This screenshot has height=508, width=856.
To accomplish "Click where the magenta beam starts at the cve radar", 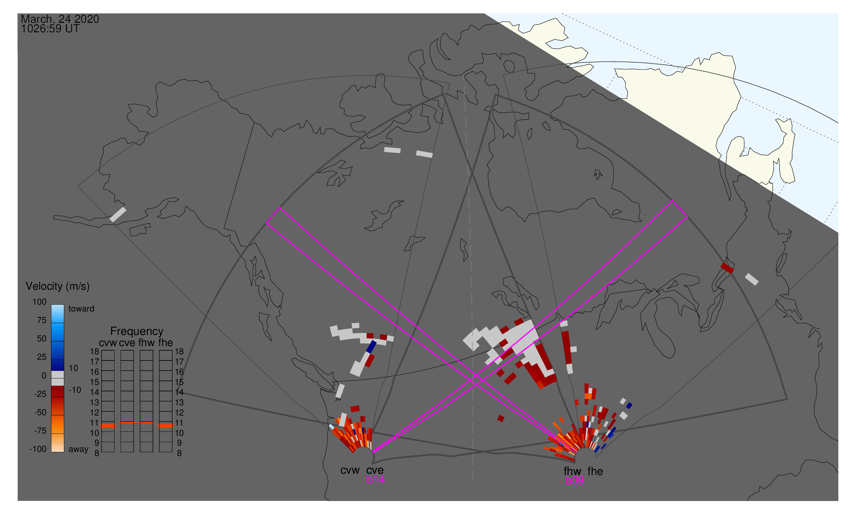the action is point(373,453).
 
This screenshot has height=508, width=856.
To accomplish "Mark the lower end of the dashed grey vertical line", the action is point(473,480).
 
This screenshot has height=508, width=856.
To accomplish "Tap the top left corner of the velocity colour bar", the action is point(51,305).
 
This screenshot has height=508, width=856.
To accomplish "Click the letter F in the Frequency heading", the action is point(113,332).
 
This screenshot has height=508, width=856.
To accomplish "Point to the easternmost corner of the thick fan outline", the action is point(787,399).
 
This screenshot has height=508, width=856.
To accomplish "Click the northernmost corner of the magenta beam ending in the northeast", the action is point(672,201).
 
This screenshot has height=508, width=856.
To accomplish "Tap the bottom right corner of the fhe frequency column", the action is point(172,452).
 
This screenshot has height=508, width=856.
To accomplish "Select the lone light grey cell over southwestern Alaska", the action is point(118,215).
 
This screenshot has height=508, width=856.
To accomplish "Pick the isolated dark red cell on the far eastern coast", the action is point(727,268).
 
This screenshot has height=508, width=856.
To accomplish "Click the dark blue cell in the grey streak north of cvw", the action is point(371,346).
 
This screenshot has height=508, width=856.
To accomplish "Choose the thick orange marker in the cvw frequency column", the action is point(108,426).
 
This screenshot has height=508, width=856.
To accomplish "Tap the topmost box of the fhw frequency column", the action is point(146,355).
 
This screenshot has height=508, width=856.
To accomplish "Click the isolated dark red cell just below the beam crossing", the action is point(501,418).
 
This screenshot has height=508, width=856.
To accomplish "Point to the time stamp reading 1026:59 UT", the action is point(50,29).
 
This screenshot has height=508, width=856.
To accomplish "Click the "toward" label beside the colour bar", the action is point(82,309).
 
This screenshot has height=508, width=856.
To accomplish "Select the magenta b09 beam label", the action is point(575,480).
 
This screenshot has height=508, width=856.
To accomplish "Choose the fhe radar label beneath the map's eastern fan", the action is point(595,471).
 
